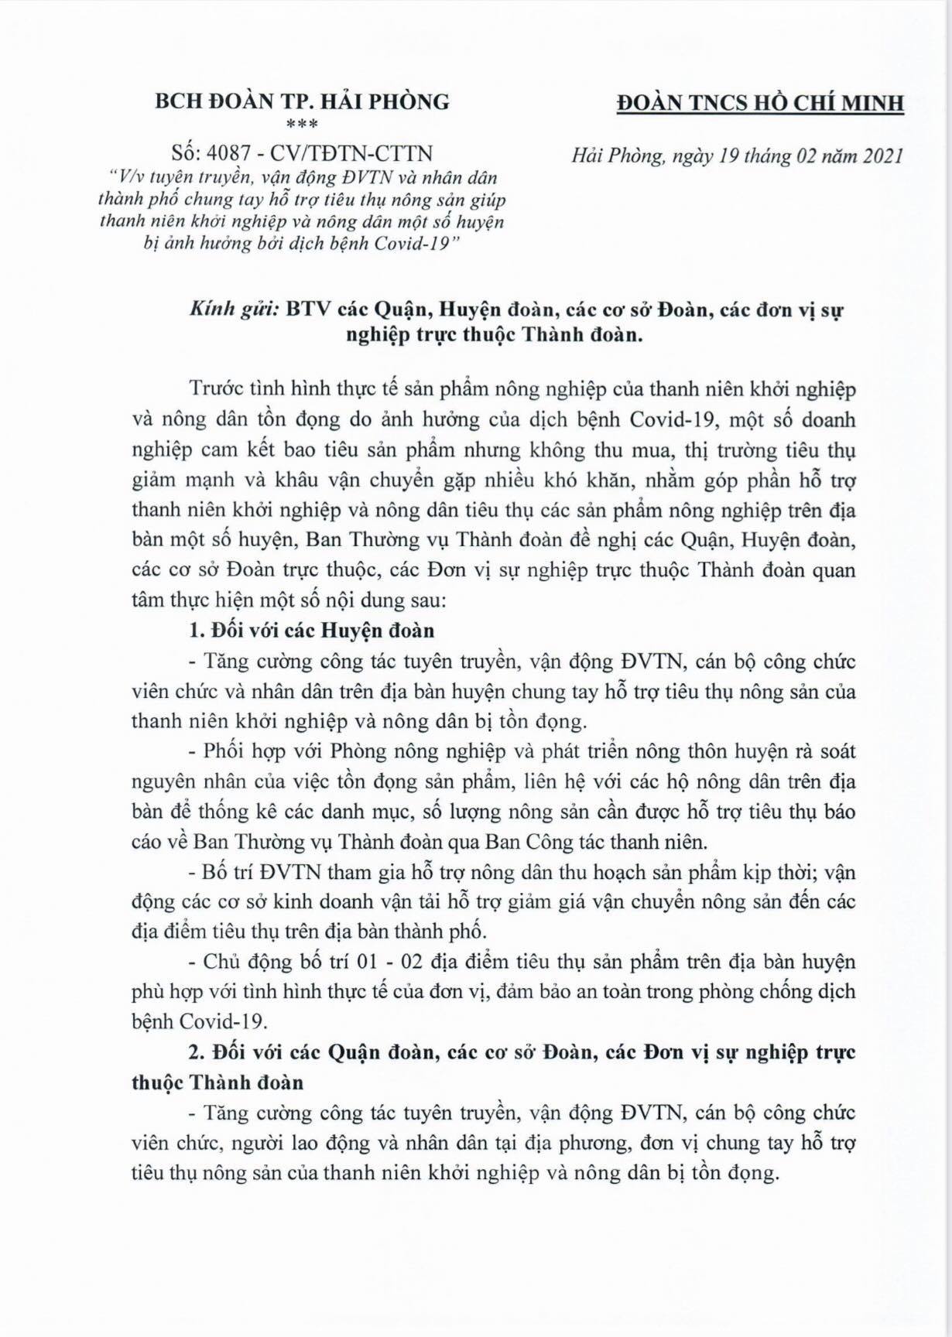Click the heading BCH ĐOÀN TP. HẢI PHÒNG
[302, 101]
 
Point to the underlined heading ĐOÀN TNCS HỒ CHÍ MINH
[759, 103]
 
